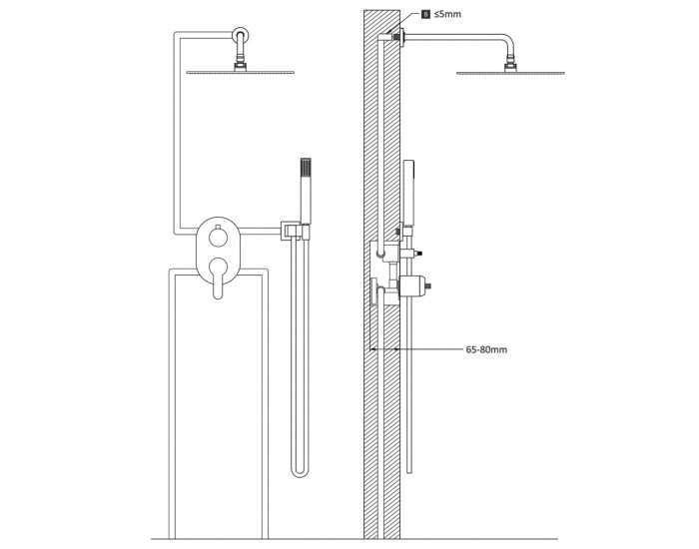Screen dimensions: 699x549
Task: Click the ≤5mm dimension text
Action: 447,14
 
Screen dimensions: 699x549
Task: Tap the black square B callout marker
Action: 426,14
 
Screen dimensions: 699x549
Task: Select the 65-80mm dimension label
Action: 486,349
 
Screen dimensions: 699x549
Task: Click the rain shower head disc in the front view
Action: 241,72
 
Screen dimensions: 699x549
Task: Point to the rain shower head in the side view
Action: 510,73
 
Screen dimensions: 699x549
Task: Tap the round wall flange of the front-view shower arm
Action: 241,35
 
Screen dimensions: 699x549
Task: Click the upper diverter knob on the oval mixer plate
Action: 218,236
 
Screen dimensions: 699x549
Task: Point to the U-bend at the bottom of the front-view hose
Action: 300,470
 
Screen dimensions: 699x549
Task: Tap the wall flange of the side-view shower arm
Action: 402,38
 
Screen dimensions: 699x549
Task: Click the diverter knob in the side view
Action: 411,254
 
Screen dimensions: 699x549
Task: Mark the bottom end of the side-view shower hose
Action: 409,472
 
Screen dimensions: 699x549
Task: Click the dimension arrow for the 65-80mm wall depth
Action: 384,349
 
